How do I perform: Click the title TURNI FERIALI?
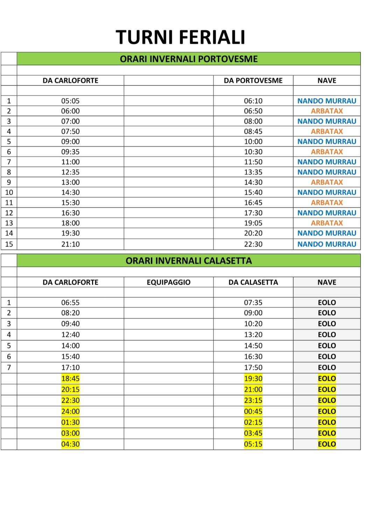tap(180, 37)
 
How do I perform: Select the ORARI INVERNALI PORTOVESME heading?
tap(189, 59)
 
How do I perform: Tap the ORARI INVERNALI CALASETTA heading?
tap(189, 261)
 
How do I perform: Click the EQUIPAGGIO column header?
tap(168, 282)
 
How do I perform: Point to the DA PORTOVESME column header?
tap(253, 81)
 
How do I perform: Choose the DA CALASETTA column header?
tap(253, 282)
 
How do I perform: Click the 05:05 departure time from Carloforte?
tap(70, 101)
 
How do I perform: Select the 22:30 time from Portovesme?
tap(253, 244)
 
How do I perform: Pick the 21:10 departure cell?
tap(70, 244)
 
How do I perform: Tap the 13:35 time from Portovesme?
tap(253, 172)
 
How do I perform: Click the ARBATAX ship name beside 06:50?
tap(327, 111)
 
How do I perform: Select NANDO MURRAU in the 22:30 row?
tap(327, 244)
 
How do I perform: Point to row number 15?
tap(9, 244)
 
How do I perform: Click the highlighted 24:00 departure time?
tap(70, 411)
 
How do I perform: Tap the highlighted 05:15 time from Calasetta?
tap(253, 444)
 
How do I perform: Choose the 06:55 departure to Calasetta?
tap(70, 303)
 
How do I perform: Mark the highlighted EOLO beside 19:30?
tap(327, 379)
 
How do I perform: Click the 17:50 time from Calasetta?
tap(253, 367)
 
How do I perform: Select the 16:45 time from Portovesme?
tap(253, 202)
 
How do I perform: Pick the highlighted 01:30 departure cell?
tap(70, 422)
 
